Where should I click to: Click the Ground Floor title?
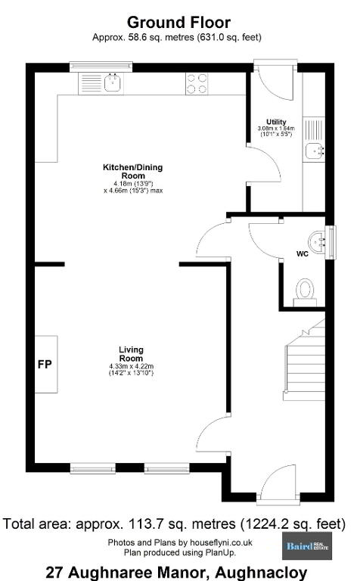pyautogui.click(x=179, y=23)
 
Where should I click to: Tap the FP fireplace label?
pyautogui.click(x=45, y=365)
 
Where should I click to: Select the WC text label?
pyautogui.click(x=303, y=254)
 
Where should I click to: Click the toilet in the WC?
pyautogui.click(x=306, y=292)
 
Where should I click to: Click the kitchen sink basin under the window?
pyautogui.click(x=112, y=82)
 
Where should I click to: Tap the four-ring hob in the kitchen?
pyautogui.click(x=197, y=84)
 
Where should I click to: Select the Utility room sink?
pyautogui.click(x=314, y=151)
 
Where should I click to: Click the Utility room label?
pyautogui.click(x=276, y=122)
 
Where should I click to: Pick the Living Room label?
pyautogui.click(x=131, y=354)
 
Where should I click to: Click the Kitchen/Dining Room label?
pyautogui.click(x=133, y=171)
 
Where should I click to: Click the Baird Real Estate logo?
pyautogui.click(x=307, y=546)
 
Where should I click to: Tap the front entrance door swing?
pyautogui.click(x=277, y=482)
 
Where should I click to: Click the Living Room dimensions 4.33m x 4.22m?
pyautogui.click(x=131, y=366)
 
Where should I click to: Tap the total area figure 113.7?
pyautogui.click(x=144, y=524)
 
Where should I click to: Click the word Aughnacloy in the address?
pyautogui.click(x=262, y=573)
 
